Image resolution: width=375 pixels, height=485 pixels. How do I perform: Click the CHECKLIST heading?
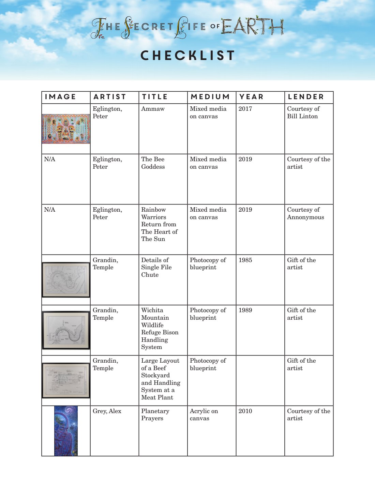187,56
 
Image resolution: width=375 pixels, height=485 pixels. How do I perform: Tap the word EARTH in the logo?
252,26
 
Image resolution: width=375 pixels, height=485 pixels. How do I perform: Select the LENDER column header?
305,97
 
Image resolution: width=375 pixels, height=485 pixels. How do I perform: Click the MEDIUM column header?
210,97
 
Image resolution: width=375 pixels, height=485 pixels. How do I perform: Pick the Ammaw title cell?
153,109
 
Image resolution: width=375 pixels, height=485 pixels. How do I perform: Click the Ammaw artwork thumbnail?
66,129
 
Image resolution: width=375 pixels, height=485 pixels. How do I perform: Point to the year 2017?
245,109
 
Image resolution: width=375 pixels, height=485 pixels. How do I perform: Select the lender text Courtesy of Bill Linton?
303,112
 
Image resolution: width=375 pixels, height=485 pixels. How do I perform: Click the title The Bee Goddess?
153,163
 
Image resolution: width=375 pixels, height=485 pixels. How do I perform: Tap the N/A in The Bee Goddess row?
49,159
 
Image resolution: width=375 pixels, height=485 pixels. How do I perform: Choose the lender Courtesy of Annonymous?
305,213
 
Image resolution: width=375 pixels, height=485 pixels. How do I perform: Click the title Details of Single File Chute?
156,267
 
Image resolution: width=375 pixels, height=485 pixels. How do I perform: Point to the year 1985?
245,260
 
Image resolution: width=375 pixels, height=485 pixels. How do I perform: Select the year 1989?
245,310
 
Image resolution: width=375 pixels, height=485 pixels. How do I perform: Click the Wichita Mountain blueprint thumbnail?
66,330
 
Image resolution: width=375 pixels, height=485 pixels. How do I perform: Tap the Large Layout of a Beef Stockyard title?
161,379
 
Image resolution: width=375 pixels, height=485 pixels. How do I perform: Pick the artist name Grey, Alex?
107,411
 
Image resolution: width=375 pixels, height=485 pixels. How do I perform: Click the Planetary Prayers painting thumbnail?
66,431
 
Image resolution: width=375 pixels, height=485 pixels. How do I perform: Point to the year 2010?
245,411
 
